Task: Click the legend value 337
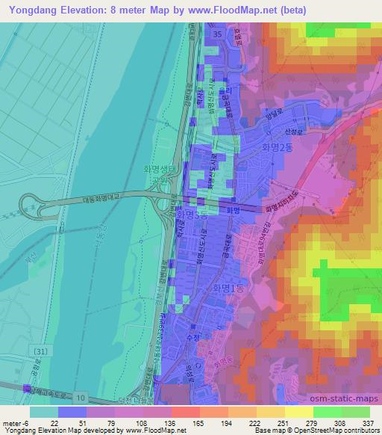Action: (x=366, y=424)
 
